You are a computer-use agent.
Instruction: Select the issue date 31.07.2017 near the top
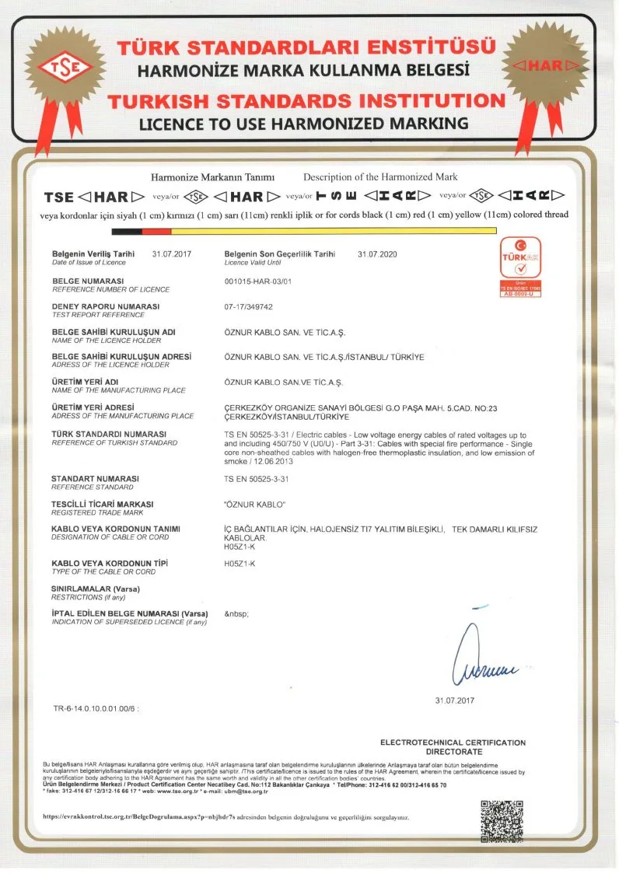(x=172, y=254)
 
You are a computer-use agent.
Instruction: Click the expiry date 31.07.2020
(x=377, y=254)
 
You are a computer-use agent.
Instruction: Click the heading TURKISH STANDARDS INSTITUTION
(x=307, y=101)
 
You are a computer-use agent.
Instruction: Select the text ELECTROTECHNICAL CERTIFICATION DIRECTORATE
(x=453, y=747)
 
